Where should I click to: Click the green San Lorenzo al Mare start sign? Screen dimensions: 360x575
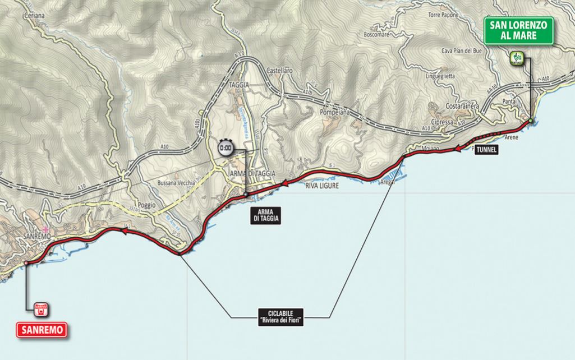[x=519, y=30]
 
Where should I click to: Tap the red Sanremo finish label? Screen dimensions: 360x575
[x=41, y=329]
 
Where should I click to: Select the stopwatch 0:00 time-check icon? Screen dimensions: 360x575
[x=225, y=149]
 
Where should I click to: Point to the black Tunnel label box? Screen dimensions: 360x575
[x=486, y=150]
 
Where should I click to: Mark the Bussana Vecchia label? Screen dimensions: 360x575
[x=176, y=183]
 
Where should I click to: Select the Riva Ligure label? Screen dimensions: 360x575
[x=322, y=186]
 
